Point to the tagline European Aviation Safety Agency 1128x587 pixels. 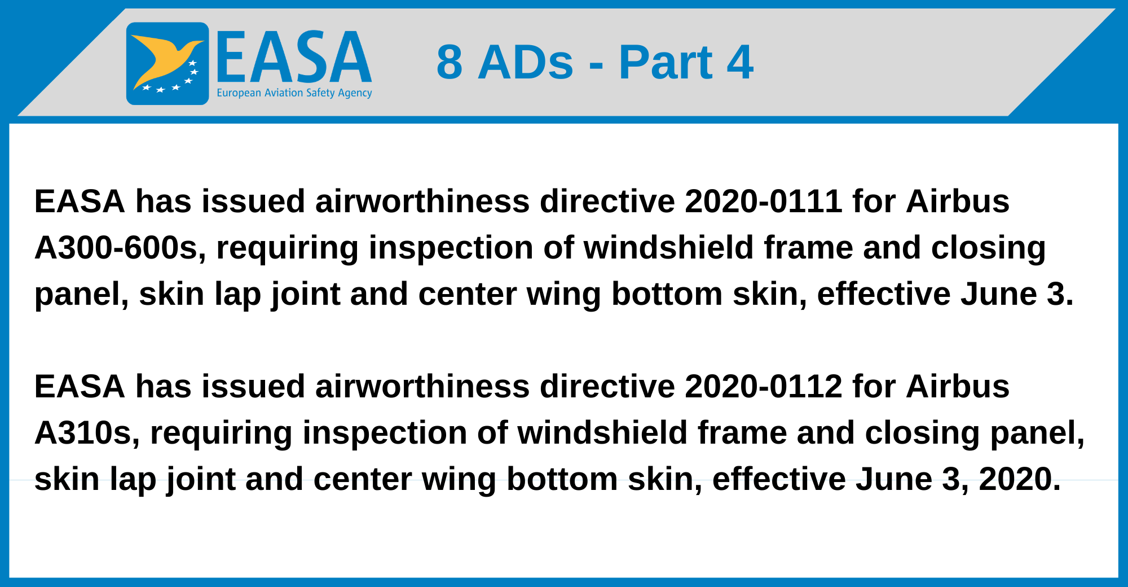[x=294, y=93]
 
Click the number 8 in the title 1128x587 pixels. [x=450, y=62]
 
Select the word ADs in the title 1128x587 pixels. [x=526, y=62]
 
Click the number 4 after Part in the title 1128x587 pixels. [x=740, y=62]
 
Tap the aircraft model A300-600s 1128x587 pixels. [x=120, y=248]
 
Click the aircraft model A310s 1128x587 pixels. [x=87, y=433]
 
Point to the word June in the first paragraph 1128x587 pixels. [x=999, y=294]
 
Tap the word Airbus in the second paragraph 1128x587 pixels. [x=957, y=387]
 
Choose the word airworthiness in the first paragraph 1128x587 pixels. [x=422, y=201]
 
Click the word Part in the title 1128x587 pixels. [x=666, y=62]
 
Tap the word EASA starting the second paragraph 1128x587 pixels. [x=80, y=387]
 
